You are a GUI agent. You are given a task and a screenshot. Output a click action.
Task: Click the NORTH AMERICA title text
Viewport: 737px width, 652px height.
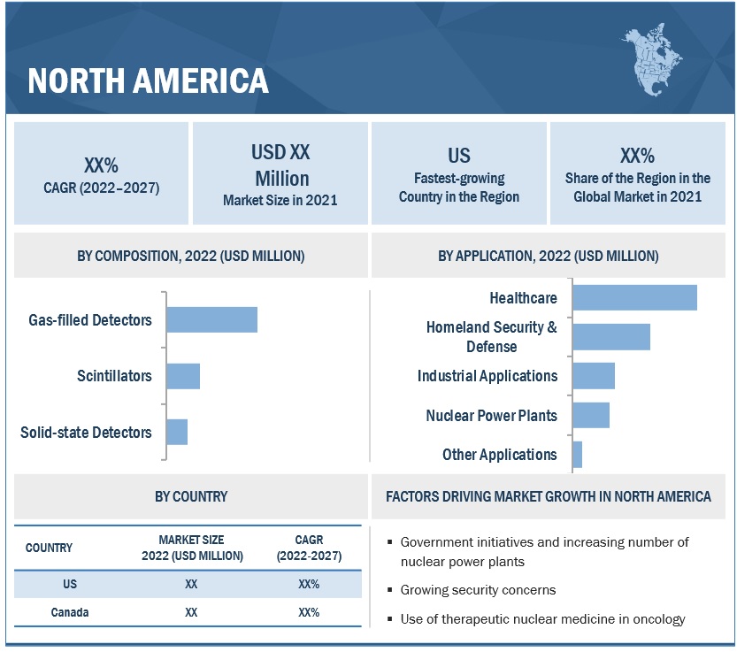tap(148, 81)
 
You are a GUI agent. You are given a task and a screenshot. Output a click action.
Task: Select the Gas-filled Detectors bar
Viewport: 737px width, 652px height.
tap(211, 319)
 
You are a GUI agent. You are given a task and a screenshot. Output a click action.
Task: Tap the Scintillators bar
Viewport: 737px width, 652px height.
tap(183, 376)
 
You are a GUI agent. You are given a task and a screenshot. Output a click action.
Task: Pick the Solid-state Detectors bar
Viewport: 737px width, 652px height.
tap(177, 432)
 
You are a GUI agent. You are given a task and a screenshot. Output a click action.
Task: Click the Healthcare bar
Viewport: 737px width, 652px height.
tap(634, 297)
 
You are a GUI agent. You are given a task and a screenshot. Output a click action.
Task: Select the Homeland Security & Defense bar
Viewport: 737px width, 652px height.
tap(611, 337)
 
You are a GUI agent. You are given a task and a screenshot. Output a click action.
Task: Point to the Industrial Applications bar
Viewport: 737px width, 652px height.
tap(594, 376)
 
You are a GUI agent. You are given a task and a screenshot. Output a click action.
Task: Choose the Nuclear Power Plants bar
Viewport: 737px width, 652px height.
tap(591, 415)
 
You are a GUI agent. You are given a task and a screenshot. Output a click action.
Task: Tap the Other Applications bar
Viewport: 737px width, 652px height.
tap(578, 455)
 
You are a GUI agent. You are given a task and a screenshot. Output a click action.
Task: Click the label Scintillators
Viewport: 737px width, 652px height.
tap(114, 376)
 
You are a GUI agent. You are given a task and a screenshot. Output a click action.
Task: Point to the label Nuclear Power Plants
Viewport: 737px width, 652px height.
tap(491, 415)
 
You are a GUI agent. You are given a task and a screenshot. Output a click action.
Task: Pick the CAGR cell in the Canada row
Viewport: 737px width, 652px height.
tap(309, 612)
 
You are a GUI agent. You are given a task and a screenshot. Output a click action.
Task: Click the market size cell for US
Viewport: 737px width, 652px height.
tap(191, 584)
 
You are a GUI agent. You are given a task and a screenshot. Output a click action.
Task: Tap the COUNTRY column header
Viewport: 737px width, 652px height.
tap(50, 548)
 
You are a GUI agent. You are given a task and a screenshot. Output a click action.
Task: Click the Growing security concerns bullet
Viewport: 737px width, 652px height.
tap(478, 590)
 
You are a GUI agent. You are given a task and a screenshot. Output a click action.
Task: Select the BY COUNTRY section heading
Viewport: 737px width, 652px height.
tap(190, 496)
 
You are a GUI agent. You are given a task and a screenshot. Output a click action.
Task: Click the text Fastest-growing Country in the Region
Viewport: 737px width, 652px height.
tap(458, 188)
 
